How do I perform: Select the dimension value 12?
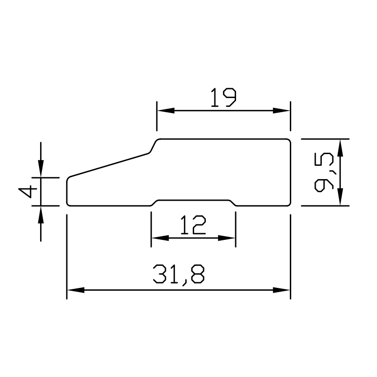[193, 225]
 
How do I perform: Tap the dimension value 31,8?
[179, 274]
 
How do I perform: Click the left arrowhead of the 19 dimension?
[163, 111]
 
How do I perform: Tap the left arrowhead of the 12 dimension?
[157, 238]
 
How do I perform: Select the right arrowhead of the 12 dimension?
[229, 238]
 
